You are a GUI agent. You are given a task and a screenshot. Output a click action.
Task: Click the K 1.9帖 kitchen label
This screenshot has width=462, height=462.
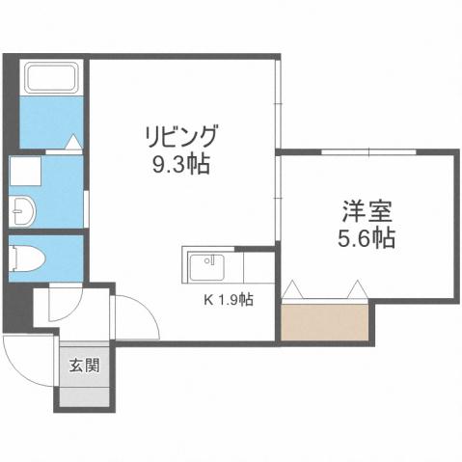click(228, 300)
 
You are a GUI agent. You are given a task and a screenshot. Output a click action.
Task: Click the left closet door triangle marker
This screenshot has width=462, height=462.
click(294, 288)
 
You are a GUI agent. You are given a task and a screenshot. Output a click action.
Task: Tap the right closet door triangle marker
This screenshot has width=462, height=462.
click(359, 288)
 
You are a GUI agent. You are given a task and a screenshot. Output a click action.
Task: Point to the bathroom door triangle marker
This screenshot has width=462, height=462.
click(72, 143)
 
